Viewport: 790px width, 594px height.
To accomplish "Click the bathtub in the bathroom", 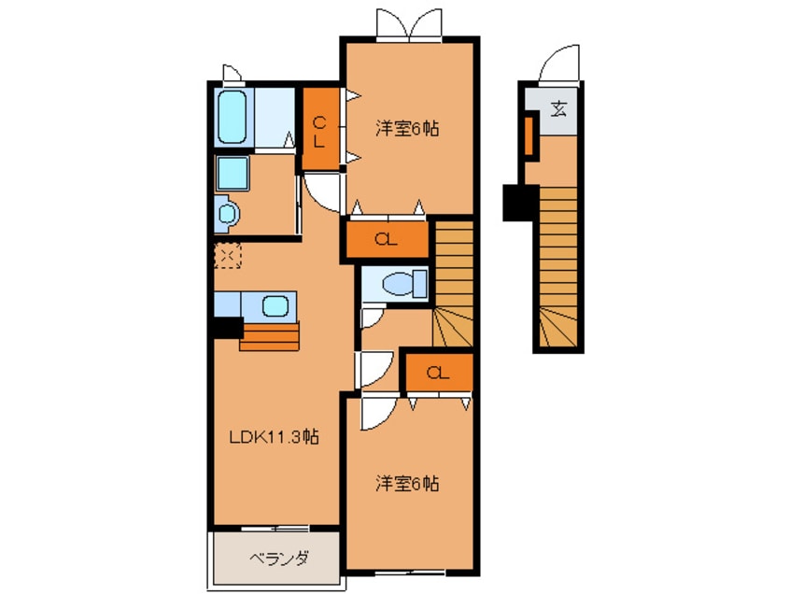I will point(233,117).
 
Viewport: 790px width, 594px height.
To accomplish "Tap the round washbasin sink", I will point(227,215).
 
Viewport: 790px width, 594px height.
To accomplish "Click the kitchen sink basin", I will point(275,304).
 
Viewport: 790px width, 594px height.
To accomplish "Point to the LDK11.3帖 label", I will point(275,436).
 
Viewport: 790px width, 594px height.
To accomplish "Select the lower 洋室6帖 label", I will point(408,484).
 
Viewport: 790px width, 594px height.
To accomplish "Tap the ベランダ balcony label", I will point(278,559).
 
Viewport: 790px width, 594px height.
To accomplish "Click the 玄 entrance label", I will point(558,108).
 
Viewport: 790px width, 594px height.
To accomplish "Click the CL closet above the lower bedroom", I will point(437,373).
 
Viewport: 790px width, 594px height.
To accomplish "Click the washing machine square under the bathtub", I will point(231,174).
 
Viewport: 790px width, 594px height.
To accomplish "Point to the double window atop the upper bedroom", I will point(408,23).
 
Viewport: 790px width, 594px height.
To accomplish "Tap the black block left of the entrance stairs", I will point(518,203).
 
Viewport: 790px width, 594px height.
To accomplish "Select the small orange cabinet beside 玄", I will point(528,135).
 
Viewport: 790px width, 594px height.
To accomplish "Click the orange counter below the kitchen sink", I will point(270,335).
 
